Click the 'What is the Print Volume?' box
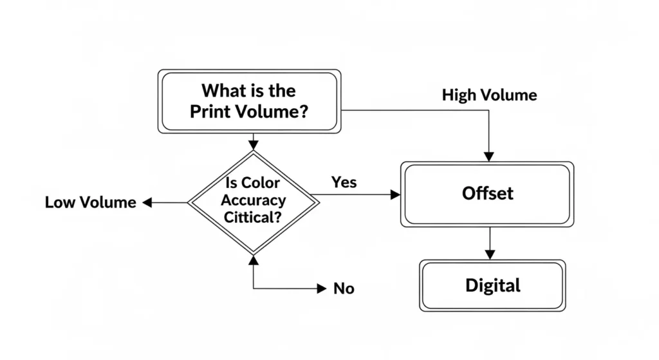[x=249, y=100]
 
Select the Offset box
[x=487, y=193]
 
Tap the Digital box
[x=492, y=285]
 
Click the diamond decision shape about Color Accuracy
[x=253, y=202]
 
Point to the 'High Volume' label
[x=489, y=95]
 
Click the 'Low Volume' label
[x=91, y=202]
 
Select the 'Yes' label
[x=344, y=182]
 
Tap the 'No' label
[x=344, y=289]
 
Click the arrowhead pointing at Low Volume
[x=147, y=202]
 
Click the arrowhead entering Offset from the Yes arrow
[x=395, y=194]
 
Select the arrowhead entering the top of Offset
[x=489, y=156]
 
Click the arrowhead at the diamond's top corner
[x=253, y=144]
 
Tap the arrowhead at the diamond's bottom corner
[x=253, y=260]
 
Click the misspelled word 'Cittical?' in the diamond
[x=252, y=217]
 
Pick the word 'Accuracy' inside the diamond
[x=253, y=200]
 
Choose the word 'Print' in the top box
[x=208, y=111]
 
